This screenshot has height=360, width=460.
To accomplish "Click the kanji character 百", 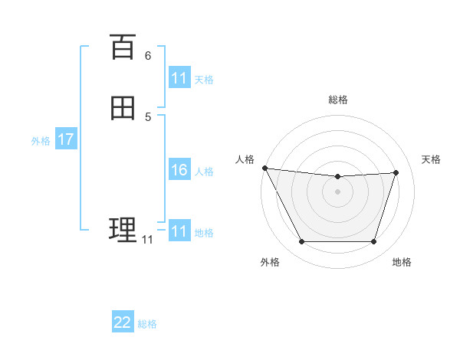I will (x=123, y=47).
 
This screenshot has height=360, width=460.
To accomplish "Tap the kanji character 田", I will (x=123, y=108).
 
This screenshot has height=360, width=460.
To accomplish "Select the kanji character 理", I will (x=123, y=229).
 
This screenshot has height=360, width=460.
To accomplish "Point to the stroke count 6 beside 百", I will (x=148, y=56).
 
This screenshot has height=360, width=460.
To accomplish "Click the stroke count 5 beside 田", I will (x=148, y=116).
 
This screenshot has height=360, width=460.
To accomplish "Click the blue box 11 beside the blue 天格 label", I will (x=179, y=78).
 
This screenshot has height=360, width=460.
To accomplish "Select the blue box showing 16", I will (x=179, y=170).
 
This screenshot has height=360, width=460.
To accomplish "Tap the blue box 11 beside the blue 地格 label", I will (x=179, y=231).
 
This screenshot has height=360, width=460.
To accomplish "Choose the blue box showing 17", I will (x=65, y=139).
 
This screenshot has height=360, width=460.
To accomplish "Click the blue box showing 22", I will (x=123, y=322).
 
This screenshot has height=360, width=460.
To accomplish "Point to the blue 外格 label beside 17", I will (x=41, y=141).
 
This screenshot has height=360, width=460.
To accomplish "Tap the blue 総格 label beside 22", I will (x=147, y=324).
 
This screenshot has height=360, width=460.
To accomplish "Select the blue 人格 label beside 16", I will (x=205, y=172).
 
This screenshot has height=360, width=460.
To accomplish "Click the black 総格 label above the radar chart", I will (x=338, y=100).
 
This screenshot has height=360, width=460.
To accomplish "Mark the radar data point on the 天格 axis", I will (x=396, y=172).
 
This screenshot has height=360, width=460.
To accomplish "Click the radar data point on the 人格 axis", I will (x=264, y=168).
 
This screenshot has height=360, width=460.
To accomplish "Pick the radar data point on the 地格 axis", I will (x=374, y=242).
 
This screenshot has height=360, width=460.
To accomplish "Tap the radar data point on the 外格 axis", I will (x=301, y=242).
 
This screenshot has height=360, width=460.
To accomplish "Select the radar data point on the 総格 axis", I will (x=338, y=177).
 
